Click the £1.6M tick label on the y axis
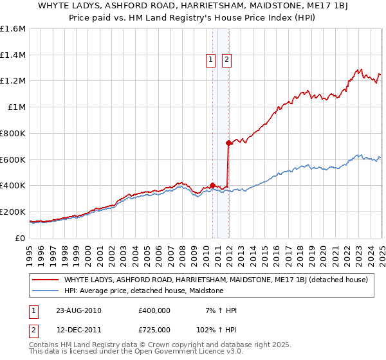[x=13, y=29]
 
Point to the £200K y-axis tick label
[x=13, y=212]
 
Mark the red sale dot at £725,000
[x=228, y=143]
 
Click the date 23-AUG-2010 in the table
[x=79, y=310]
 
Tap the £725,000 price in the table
[x=154, y=330]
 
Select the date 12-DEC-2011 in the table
[x=79, y=330]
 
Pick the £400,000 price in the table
[x=154, y=310]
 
